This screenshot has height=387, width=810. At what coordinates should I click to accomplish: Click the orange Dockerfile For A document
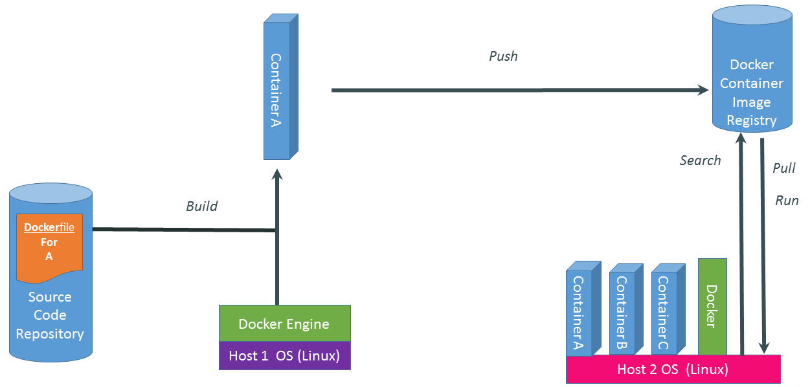point(50,247)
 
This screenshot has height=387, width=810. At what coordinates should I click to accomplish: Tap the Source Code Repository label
point(50,316)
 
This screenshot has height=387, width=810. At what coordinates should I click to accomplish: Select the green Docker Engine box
point(284,324)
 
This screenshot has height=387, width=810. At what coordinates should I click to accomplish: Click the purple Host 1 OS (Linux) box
point(284,355)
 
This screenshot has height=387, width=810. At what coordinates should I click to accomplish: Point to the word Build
point(202,206)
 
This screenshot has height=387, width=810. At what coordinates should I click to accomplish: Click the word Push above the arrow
point(503,56)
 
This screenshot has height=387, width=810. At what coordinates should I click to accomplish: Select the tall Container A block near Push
point(276,91)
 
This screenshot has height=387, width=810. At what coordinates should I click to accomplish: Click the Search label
point(700,160)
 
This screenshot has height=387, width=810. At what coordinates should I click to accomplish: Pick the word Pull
point(784,168)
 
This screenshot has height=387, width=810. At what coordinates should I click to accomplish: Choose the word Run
point(787,201)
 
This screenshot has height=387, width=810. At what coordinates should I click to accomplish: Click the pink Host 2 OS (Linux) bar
point(673,370)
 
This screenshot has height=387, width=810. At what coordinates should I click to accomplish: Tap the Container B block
point(622,311)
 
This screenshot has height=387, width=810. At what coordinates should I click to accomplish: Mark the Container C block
point(664,311)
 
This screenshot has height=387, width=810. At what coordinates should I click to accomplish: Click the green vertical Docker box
point(712,306)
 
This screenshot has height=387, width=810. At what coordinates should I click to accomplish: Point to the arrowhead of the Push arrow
point(703,90)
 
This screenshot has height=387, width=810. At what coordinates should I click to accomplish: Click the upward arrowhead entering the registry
point(741,138)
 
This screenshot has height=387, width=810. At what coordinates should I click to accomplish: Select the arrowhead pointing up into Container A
point(277,175)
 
